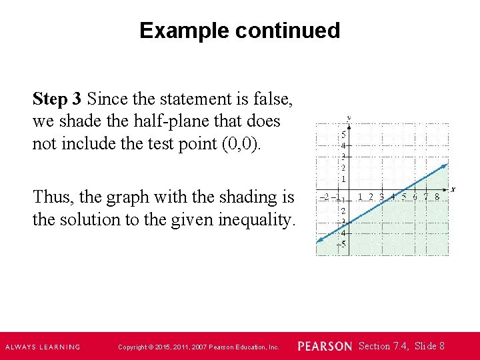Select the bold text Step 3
(57, 99)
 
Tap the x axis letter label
(453, 189)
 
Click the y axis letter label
(349, 119)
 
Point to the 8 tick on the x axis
(437, 197)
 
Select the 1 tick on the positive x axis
(360, 197)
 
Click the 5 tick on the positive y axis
(343, 133)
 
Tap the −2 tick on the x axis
(323, 197)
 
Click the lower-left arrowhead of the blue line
(319, 241)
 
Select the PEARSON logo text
(325, 346)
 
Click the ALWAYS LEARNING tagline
(43, 347)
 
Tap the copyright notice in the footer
(198, 347)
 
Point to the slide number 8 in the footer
(442, 345)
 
